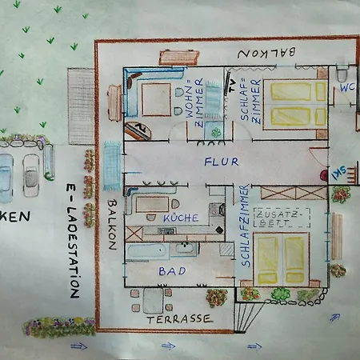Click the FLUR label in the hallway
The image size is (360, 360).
pyautogui.click(x=221, y=162)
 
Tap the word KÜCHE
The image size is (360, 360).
pyautogui.click(x=181, y=218)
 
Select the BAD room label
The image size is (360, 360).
pyautogui.click(x=172, y=272)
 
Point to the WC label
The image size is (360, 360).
pyautogui.click(x=346, y=87)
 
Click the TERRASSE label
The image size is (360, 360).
pyautogui.click(x=180, y=318)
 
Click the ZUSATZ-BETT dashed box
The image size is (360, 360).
pyautogui.click(x=282, y=217)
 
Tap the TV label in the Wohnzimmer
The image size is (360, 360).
pyautogui.click(x=232, y=81)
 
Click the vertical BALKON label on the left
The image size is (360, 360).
pyautogui.click(x=111, y=226)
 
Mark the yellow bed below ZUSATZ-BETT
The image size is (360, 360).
pyautogui.click(x=282, y=258)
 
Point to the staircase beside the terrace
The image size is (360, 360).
pyautogui.click(x=249, y=317)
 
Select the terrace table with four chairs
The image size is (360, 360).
pyautogui.click(x=151, y=299)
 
